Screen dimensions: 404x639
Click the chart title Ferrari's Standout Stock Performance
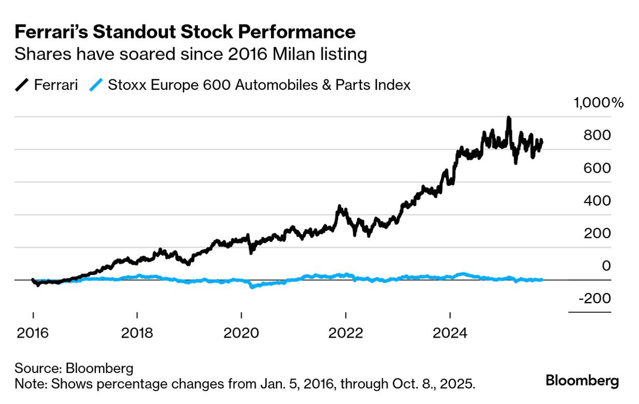[x=185, y=32]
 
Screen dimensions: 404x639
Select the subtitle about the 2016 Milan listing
[x=191, y=54]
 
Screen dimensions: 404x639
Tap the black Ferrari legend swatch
[x=22, y=85]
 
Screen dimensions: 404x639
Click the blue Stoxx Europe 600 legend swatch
[x=96, y=85]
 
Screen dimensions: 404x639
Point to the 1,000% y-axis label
[x=598, y=103]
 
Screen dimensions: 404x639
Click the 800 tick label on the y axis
[x=598, y=135]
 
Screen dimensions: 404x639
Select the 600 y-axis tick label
[x=598, y=168]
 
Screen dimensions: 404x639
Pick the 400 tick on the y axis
[x=598, y=200]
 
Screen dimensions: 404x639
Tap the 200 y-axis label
[x=598, y=233]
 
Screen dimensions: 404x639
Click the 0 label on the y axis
[x=606, y=265]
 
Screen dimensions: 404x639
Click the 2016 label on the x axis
[x=33, y=332]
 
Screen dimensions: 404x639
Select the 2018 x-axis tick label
[x=137, y=332]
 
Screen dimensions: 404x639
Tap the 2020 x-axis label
[x=242, y=332]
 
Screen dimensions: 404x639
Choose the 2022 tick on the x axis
[x=346, y=332]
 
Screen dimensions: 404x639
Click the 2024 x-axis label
[x=450, y=332]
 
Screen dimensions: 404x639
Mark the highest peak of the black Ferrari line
[x=509, y=118]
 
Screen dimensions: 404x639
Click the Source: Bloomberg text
[x=74, y=369]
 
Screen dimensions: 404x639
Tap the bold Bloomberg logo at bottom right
[x=582, y=381]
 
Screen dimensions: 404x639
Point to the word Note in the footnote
[x=29, y=385]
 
